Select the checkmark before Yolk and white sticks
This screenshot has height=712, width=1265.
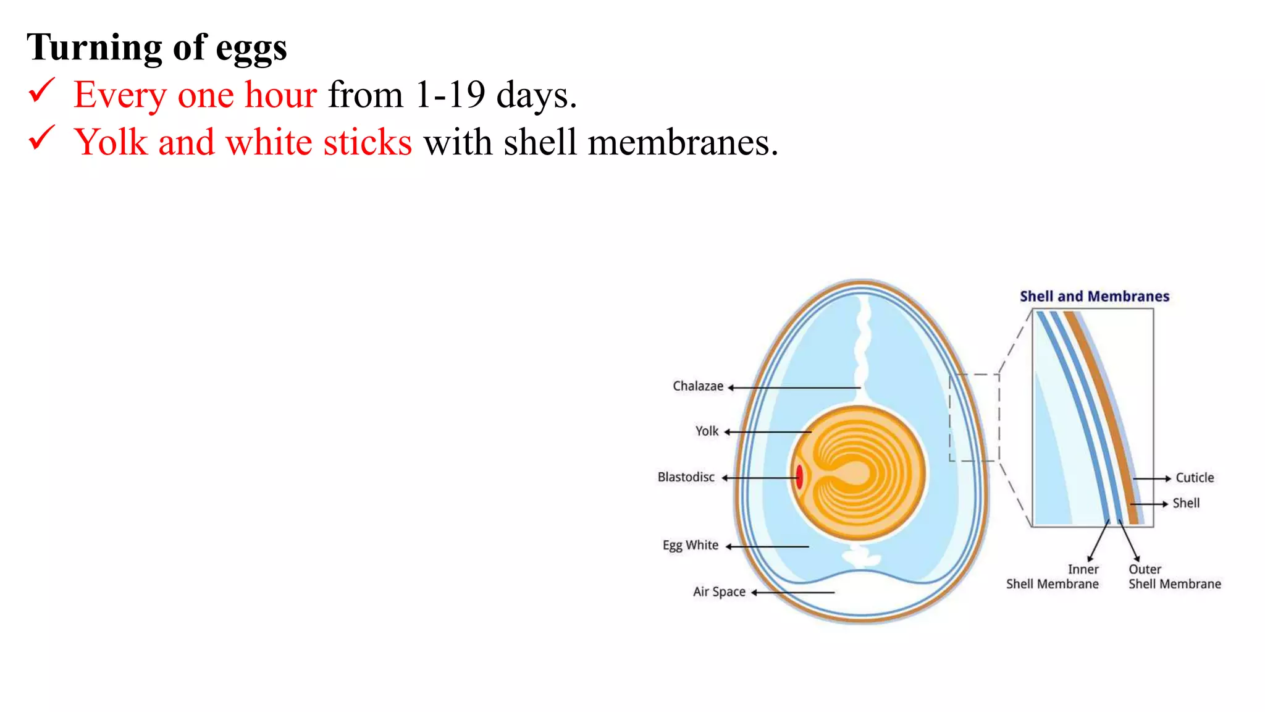[x=41, y=138]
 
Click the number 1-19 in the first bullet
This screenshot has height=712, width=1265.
[x=450, y=95]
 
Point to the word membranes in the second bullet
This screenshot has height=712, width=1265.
[x=683, y=143]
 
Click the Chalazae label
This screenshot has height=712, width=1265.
[x=697, y=386]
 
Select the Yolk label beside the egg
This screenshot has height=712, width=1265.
[x=707, y=431]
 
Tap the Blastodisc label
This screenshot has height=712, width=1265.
[x=686, y=477]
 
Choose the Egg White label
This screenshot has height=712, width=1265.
[x=690, y=545]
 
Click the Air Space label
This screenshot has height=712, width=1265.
[x=719, y=592]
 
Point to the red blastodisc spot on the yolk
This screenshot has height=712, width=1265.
[x=799, y=477]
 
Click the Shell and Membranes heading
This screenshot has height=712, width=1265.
[x=1094, y=297]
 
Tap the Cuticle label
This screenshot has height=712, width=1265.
[x=1194, y=478]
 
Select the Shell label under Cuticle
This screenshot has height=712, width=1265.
[x=1186, y=503]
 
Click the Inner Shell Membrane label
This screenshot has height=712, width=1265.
[x=1053, y=577]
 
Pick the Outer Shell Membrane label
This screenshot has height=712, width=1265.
[x=1174, y=577]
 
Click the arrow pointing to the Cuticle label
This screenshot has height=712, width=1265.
[x=1152, y=478]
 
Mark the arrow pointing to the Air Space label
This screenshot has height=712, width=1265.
[x=793, y=592]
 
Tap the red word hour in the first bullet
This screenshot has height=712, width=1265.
[x=280, y=95]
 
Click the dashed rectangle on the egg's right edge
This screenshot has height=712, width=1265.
[x=975, y=417]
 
